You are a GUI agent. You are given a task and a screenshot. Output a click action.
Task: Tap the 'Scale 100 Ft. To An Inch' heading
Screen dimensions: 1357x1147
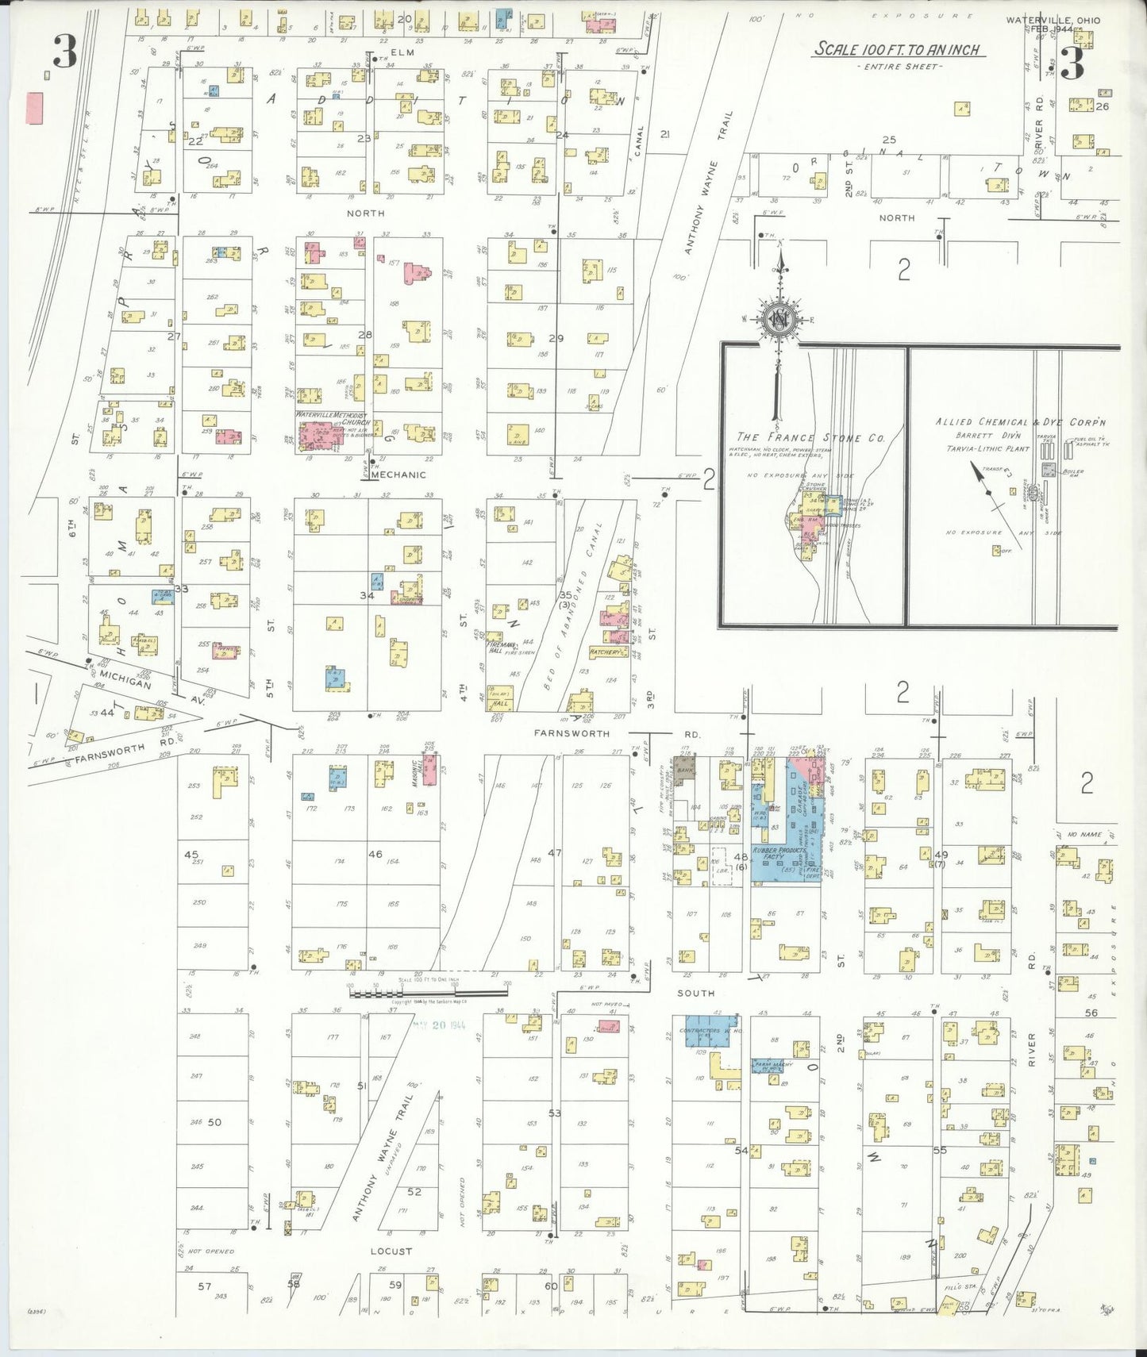(899, 49)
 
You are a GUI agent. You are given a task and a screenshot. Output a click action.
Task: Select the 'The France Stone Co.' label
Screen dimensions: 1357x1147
(810, 437)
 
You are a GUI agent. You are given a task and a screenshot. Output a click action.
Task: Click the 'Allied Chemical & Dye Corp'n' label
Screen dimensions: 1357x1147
(1020, 423)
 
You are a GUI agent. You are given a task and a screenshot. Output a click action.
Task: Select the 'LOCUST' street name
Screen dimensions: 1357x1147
(391, 1251)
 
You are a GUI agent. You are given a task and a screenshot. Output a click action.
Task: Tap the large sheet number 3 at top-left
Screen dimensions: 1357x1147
(64, 53)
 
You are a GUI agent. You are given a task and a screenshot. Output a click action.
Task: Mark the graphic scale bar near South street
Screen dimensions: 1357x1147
(429, 992)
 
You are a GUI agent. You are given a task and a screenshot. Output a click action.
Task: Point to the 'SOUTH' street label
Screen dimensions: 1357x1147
(695, 993)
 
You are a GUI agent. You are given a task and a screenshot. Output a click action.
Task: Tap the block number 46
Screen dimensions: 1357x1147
(375, 855)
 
